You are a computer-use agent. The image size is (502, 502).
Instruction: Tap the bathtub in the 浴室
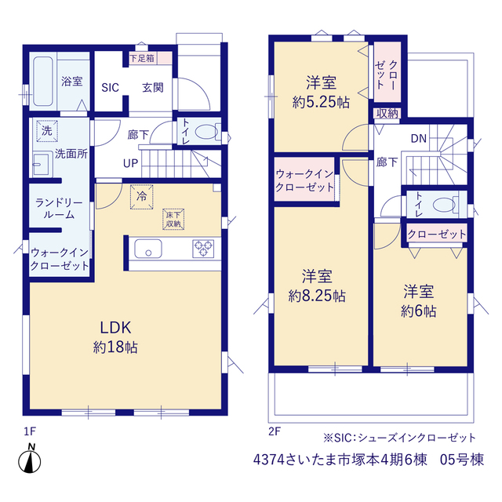click(43, 82)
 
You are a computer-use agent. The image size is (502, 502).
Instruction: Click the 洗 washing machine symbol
click(47, 131)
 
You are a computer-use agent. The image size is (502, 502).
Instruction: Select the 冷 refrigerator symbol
click(141, 197)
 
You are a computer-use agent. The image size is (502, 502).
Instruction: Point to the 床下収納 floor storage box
click(173, 220)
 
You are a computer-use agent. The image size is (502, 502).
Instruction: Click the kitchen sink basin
click(148, 249)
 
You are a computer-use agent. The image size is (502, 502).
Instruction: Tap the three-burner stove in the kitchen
click(203, 249)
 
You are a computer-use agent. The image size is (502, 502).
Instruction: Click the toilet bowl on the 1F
click(207, 132)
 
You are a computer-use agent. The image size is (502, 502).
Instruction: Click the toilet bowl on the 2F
click(446, 204)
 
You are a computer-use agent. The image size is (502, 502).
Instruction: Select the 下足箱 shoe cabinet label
click(142, 58)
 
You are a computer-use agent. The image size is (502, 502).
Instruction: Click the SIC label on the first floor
click(110, 87)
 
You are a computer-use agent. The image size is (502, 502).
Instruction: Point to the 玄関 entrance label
click(153, 87)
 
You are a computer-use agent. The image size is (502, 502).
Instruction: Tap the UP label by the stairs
click(131, 163)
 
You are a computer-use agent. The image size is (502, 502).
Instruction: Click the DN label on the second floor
click(419, 138)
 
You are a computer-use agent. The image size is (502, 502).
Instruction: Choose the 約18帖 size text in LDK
click(115, 347)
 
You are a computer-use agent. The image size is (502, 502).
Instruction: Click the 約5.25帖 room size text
click(321, 103)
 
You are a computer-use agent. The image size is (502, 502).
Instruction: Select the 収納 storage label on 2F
click(387, 113)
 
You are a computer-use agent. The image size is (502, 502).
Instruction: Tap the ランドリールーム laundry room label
click(59, 209)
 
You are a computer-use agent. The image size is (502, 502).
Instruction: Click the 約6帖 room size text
click(419, 311)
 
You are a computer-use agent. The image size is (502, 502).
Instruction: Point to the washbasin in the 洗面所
click(42, 164)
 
